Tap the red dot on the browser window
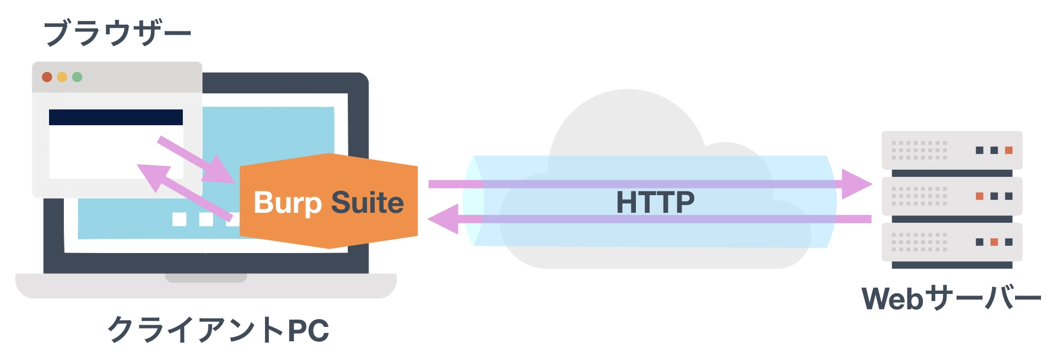coord(47,77)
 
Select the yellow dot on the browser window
coord(62,77)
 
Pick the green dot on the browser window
coord(77,77)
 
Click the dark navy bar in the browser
coord(116,117)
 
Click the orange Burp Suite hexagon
coord(328,201)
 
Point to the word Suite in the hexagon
coord(368,202)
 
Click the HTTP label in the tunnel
coord(655,202)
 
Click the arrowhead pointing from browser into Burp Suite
coord(220,170)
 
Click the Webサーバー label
coord(951,298)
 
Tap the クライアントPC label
coord(218,330)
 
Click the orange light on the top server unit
coord(1008,150)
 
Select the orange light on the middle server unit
coord(979,196)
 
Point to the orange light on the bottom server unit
coord(994,241)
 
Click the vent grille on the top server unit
coord(919,150)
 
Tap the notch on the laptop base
coord(206,278)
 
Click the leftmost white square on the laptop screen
coord(180,219)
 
